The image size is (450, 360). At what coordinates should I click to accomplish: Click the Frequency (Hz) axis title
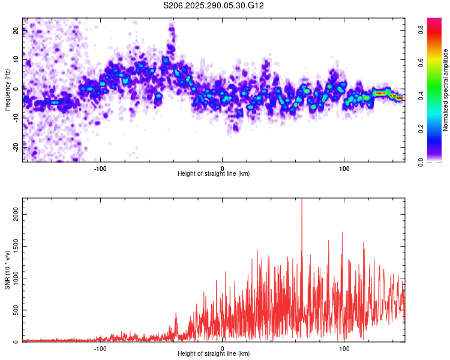click(x=7, y=90)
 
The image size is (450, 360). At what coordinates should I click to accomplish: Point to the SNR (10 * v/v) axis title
click(x=7, y=270)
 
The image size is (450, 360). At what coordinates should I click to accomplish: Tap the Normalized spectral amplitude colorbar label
click(x=446, y=90)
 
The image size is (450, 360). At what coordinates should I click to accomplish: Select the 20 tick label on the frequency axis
click(x=16, y=31)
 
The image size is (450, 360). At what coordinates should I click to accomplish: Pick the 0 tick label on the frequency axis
click(x=16, y=88)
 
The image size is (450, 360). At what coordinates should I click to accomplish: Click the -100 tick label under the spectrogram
click(x=100, y=168)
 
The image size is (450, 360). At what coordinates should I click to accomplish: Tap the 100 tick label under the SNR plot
click(x=344, y=348)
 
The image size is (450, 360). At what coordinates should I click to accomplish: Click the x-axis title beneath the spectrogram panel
click(x=214, y=174)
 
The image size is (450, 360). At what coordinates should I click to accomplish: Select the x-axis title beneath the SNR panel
click(x=214, y=354)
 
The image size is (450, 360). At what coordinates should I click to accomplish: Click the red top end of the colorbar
click(x=434, y=21)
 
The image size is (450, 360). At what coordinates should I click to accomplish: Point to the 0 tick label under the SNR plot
click(x=223, y=348)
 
